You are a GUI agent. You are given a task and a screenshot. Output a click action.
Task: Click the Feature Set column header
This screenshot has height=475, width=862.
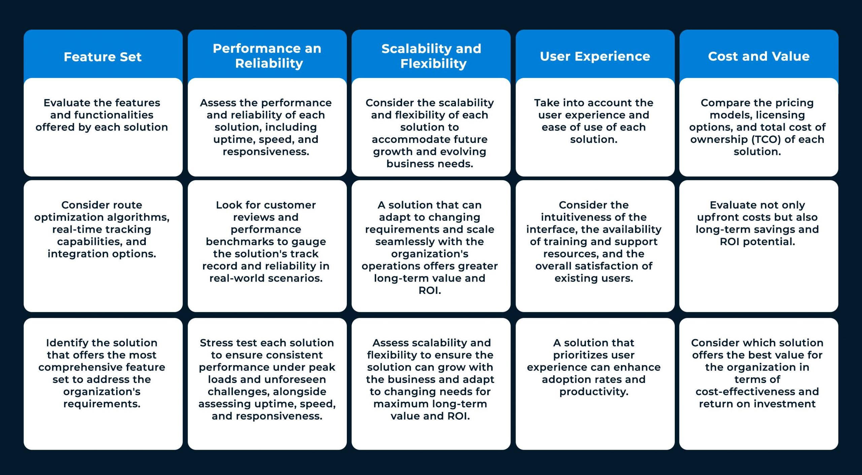[x=103, y=57]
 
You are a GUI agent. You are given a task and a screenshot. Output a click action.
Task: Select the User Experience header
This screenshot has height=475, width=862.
[x=595, y=56]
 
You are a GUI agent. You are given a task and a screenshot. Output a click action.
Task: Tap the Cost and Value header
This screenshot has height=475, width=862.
[x=759, y=56]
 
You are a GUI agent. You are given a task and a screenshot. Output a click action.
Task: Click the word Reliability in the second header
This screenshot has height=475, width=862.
[x=269, y=63]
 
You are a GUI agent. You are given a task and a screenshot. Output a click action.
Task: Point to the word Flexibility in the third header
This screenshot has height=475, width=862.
[x=433, y=64]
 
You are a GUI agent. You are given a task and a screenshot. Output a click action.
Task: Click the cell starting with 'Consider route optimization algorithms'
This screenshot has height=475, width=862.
[x=102, y=229]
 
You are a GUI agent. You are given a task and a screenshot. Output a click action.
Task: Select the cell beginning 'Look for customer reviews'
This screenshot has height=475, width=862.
[x=266, y=241]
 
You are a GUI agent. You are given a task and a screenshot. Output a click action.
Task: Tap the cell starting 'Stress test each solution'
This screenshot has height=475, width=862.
[x=267, y=379]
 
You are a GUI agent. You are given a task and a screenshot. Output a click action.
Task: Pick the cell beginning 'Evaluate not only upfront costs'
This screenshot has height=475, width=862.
[x=757, y=223]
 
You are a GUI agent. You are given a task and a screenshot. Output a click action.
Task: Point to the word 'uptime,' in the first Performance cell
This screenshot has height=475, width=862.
[x=229, y=139]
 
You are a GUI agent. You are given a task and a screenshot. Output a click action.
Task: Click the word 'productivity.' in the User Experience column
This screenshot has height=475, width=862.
[x=594, y=392]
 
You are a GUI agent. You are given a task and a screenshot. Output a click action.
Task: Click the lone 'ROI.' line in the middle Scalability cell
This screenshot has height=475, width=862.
[x=430, y=290]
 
